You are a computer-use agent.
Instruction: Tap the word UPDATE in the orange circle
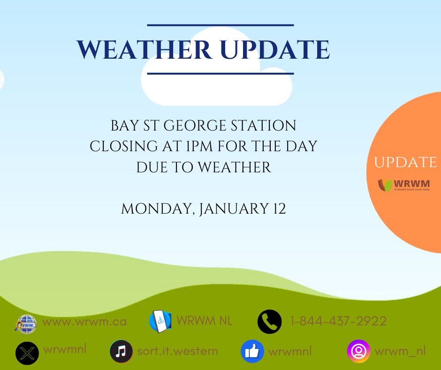[x=405, y=162]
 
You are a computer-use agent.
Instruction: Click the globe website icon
[x=25, y=324]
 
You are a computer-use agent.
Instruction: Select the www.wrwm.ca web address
[x=84, y=322]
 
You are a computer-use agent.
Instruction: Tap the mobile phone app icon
[x=160, y=322]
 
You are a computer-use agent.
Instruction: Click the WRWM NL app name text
[x=205, y=321]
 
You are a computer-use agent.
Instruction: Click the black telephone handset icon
[x=270, y=322]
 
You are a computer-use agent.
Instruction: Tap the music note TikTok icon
[x=121, y=352]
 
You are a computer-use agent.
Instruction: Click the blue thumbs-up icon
[x=252, y=352]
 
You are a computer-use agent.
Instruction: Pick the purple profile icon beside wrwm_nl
[x=358, y=352]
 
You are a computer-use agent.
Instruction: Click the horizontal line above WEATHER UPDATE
[x=220, y=25]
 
